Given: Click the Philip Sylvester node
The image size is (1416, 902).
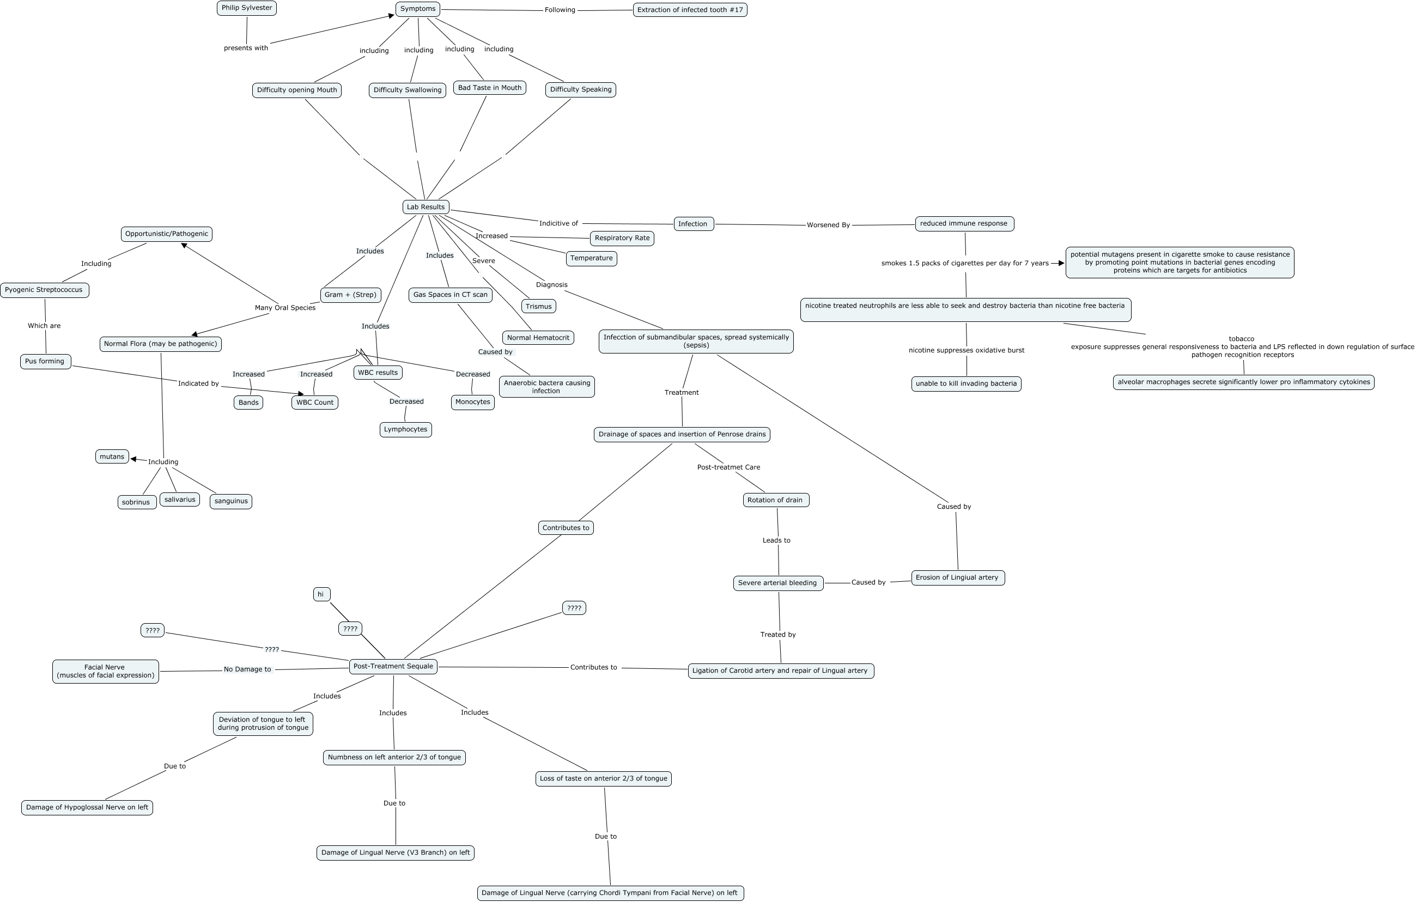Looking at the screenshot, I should [246, 8].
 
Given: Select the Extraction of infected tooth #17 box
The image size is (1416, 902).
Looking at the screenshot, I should [690, 10].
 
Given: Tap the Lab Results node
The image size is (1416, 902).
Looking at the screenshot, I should [426, 207].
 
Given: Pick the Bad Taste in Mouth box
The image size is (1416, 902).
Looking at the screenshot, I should [489, 88].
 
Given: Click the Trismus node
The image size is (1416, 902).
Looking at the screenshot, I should [538, 306].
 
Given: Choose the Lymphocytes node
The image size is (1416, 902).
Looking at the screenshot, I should [405, 429].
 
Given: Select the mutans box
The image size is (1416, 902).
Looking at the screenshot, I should [112, 456].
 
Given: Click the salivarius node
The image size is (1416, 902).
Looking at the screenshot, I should [179, 500].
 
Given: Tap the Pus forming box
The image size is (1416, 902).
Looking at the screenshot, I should [45, 361].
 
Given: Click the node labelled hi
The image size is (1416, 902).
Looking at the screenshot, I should [321, 594].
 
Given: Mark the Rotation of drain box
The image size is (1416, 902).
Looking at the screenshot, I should [775, 500].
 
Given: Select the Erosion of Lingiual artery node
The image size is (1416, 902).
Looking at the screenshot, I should [957, 577].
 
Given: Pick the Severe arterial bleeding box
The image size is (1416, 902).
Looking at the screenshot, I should [777, 583].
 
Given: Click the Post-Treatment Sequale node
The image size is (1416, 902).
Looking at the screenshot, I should [393, 666].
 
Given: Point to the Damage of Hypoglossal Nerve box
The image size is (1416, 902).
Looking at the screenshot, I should [87, 807].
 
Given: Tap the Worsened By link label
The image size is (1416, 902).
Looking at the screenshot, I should [828, 225].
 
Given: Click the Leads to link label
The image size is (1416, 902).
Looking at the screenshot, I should [776, 540].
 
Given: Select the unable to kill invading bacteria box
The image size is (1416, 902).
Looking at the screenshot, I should [965, 384].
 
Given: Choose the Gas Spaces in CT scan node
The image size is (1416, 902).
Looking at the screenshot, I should [450, 295].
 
